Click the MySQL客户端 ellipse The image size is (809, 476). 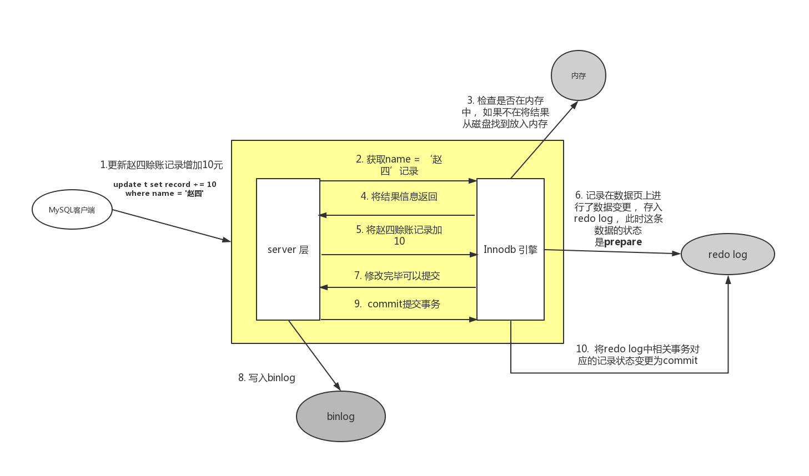tap(72, 210)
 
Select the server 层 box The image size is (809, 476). tap(288, 249)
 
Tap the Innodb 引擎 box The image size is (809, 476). tap(510, 249)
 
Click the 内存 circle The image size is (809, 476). tap(578, 75)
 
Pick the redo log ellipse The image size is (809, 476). tap(727, 254)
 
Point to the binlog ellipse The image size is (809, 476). tap(340, 416)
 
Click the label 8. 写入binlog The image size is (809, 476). tap(267, 378)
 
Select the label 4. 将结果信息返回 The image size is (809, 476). tap(399, 196)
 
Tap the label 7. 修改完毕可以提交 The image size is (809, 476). tap(397, 276)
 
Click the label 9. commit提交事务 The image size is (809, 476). tap(397, 304)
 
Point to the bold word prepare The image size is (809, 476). tap(623, 242)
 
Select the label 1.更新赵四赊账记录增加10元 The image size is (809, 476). tap(161, 165)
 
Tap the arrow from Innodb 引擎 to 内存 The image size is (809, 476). tap(544, 139)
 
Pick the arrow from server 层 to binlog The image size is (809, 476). tap(314, 355)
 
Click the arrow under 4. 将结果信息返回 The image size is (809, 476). tap(397, 215)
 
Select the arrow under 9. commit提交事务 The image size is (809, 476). tap(399, 320)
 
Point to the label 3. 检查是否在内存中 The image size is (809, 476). tap(505, 112)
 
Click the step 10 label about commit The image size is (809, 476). tap(637, 355)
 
